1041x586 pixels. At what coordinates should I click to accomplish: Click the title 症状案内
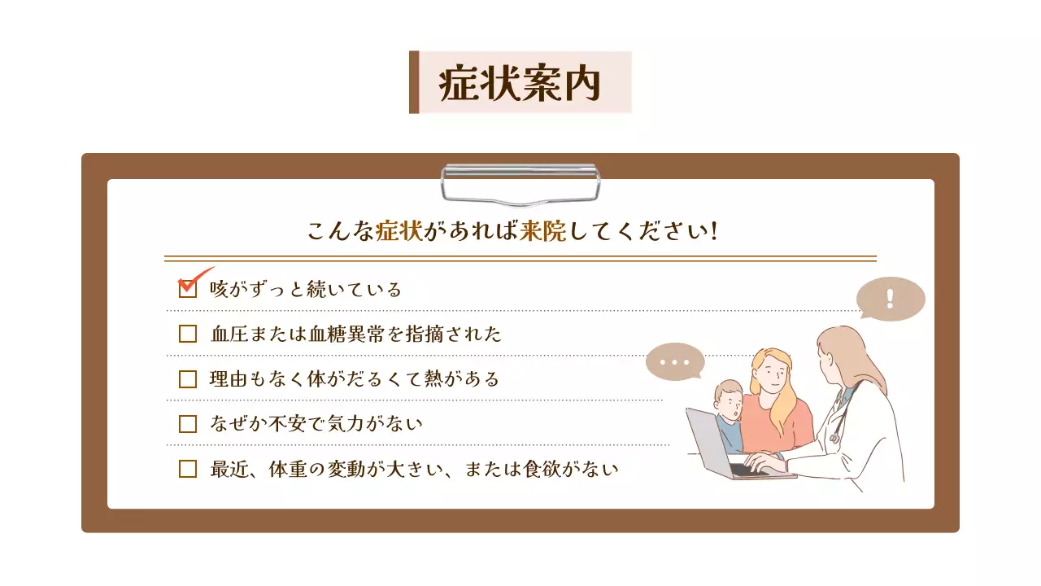point(520,83)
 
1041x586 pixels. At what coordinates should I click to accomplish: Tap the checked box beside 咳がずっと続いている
point(188,289)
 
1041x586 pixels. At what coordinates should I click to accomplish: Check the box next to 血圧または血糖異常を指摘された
point(188,334)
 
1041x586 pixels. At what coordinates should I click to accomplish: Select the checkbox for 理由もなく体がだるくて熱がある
point(188,378)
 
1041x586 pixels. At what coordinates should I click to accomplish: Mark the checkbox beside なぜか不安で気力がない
point(188,423)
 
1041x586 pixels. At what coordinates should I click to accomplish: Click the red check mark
point(195,278)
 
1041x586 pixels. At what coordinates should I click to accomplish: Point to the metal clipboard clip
point(520,184)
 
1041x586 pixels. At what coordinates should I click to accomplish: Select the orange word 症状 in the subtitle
point(399,231)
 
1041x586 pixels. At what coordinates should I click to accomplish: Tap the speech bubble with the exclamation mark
point(891,299)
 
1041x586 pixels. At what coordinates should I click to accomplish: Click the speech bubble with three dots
point(674,362)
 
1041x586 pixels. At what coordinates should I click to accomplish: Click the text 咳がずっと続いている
point(306,289)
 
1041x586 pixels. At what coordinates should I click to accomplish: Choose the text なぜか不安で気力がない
point(316,423)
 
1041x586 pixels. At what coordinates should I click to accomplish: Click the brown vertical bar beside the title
point(414,82)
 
